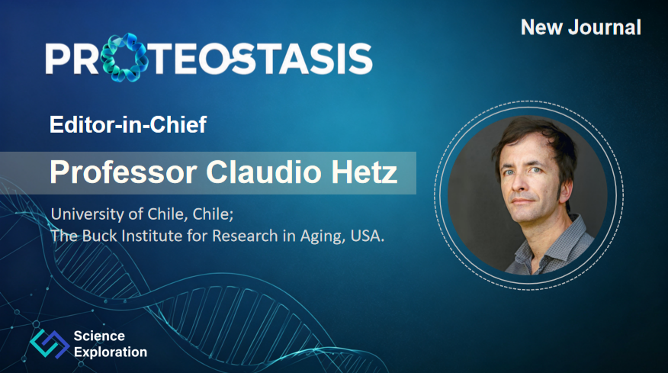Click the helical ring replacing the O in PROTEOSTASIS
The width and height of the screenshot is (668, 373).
point(124,57)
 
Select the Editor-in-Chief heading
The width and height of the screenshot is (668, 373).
point(128,124)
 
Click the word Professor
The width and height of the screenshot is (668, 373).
point(123,172)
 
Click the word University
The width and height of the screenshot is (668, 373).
point(88,214)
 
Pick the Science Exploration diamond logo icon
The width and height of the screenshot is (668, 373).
point(50,343)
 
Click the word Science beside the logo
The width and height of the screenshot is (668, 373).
point(99,336)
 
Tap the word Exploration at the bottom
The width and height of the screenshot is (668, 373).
point(111,352)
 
